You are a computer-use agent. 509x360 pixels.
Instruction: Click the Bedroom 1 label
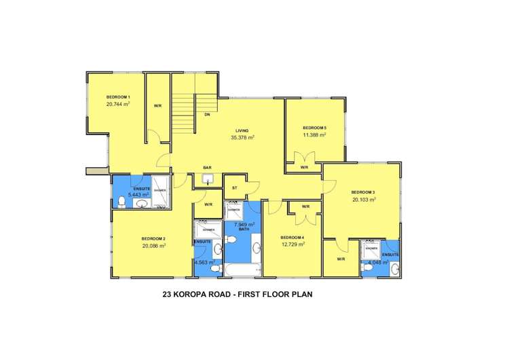[x=118, y=97]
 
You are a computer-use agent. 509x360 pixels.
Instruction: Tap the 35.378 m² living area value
[x=242, y=137]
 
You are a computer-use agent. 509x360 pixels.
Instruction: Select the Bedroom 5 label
[x=314, y=128]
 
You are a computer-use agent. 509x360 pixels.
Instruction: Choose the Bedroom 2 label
[x=153, y=238]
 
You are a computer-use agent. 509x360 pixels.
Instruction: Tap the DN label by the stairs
[x=206, y=115]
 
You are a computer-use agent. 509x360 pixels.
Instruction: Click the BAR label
[x=208, y=167]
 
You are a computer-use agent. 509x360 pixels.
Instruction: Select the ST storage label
[x=234, y=187]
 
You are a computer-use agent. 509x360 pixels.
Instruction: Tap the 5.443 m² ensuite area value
[x=138, y=194]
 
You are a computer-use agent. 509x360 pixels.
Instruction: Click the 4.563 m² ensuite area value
[x=204, y=262]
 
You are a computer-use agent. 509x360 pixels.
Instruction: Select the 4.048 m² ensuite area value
[x=378, y=262]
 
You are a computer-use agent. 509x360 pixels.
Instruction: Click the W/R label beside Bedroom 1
[x=157, y=105]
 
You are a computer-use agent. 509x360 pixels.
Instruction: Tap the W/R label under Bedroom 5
[x=305, y=167]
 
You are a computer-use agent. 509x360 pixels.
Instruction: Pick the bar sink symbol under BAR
[x=208, y=179]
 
